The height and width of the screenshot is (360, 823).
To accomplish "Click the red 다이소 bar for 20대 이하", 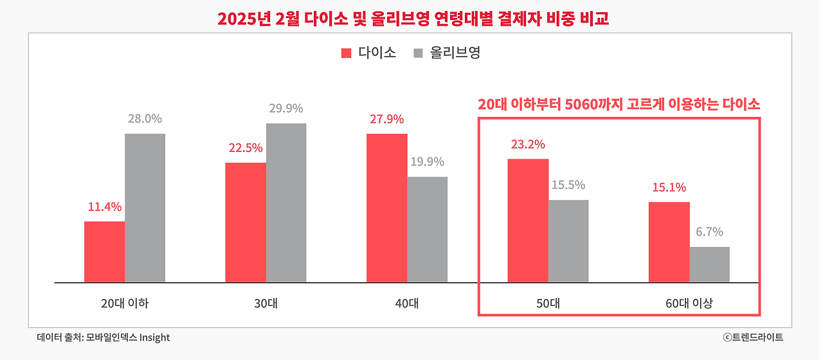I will click(x=104, y=252).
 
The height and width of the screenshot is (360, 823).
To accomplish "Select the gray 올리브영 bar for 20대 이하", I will click(x=145, y=208).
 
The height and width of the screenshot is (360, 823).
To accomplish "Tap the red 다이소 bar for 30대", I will click(x=246, y=222).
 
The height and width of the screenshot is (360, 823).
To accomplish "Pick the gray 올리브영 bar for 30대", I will click(x=286, y=203).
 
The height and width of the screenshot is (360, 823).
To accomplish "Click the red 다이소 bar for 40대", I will click(x=386, y=208).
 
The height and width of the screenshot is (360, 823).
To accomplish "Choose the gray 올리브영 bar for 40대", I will click(x=427, y=230).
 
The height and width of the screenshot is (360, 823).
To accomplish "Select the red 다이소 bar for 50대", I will click(x=528, y=221).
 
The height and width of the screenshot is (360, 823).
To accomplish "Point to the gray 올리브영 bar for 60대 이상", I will click(x=709, y=264).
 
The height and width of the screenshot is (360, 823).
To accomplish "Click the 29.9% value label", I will click(x=286, y=109).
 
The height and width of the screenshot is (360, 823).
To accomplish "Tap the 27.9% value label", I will click(x=386, y=119).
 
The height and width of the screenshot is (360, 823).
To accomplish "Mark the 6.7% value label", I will click(x=709, y=232).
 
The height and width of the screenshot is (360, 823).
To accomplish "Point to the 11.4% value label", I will click(x=105, y=207).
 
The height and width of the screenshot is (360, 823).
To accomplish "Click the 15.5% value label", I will click(x=568, y=185).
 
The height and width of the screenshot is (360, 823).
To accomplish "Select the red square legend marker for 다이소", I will click(x=347, y=53).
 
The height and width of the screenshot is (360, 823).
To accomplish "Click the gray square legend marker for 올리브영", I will click(x=418, y=53).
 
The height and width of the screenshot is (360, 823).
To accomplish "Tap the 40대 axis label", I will click(x=407, y=303).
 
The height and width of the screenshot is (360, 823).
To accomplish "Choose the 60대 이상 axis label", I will click(x=689, y=303).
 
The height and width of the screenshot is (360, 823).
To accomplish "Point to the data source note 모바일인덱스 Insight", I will click(x=104, y=337).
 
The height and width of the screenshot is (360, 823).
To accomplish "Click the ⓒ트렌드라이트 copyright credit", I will click(x=752, y=337).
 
